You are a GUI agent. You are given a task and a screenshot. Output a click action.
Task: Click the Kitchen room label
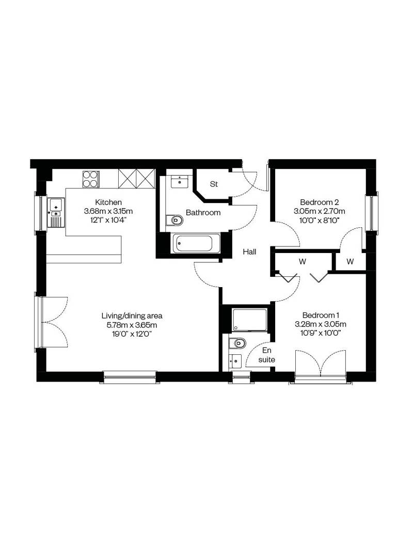108,202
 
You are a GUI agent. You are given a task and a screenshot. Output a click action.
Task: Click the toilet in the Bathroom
174,221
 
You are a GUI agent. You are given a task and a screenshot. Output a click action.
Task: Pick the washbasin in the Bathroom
179,181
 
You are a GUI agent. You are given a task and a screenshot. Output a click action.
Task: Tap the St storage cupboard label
214,184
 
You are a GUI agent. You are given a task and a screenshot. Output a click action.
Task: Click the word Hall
249,252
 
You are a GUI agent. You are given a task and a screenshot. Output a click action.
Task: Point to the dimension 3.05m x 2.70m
319,211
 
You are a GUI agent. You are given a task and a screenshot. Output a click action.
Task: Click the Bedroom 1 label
321,315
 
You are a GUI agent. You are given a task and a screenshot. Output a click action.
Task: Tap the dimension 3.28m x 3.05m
321,324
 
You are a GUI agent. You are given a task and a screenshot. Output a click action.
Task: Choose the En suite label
267,355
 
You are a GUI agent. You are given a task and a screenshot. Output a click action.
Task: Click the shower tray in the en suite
250,320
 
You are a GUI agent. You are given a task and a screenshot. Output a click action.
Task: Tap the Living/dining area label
132,316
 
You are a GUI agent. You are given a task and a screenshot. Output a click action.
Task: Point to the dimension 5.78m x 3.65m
132,325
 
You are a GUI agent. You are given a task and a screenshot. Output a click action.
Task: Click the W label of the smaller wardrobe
350,262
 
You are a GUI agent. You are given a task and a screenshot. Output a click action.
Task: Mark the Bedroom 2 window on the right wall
371,213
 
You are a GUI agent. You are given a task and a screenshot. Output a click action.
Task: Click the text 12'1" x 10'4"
108,220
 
